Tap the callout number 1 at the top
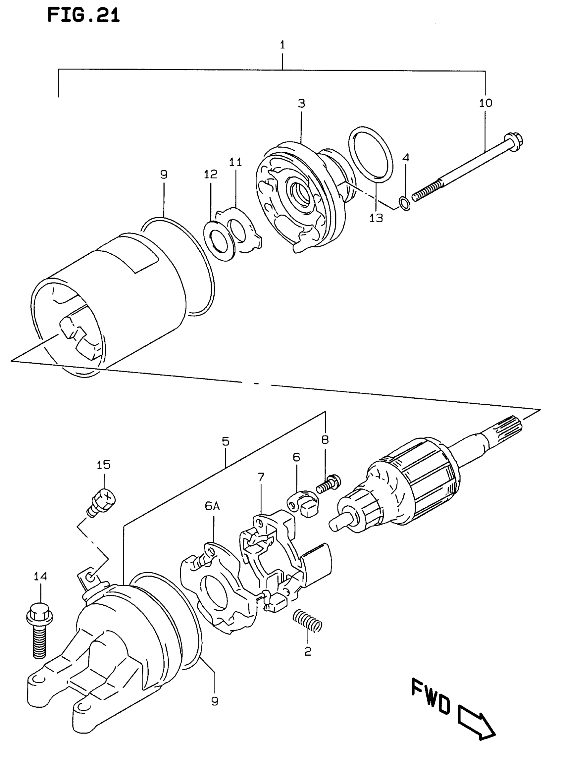282,45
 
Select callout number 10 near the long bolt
486,103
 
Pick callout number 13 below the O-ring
376,218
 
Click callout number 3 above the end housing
302,103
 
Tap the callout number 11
235,162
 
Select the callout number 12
210,175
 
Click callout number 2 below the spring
308,652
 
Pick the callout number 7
261,477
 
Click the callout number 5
225,441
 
